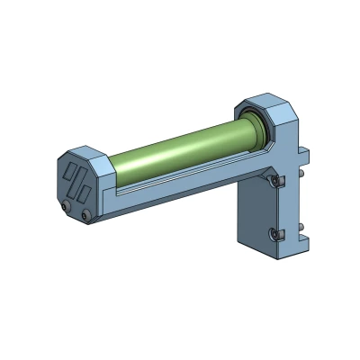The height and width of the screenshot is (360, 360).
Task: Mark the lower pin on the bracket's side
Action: (302, 224)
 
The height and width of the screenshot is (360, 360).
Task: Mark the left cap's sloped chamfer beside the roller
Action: (101, 165)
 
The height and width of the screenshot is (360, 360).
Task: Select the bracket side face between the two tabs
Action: (298, 198)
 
